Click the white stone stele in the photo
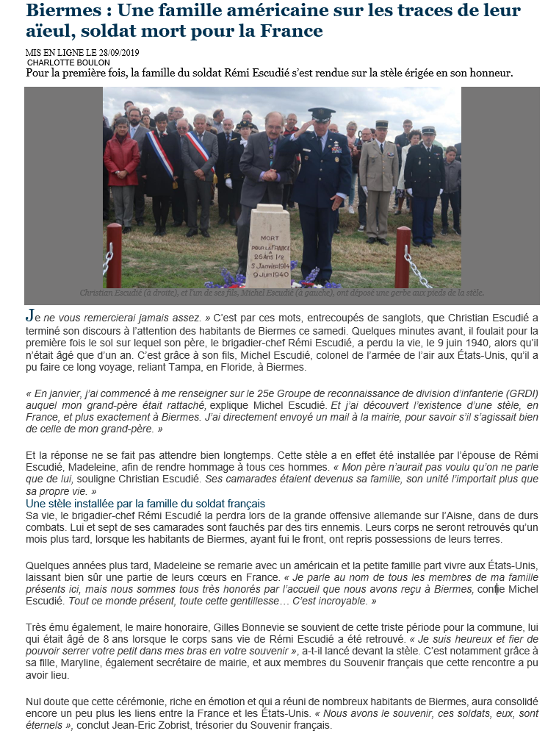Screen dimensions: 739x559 [x=268, y=246]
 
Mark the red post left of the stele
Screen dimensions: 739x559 [x=114, y=254]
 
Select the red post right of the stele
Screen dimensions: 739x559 [x=403, y=255]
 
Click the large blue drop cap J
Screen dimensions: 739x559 [x=29, y=315]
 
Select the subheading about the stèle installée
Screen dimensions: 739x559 [x=145, y=504]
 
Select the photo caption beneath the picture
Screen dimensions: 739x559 [x=282, y=293]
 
